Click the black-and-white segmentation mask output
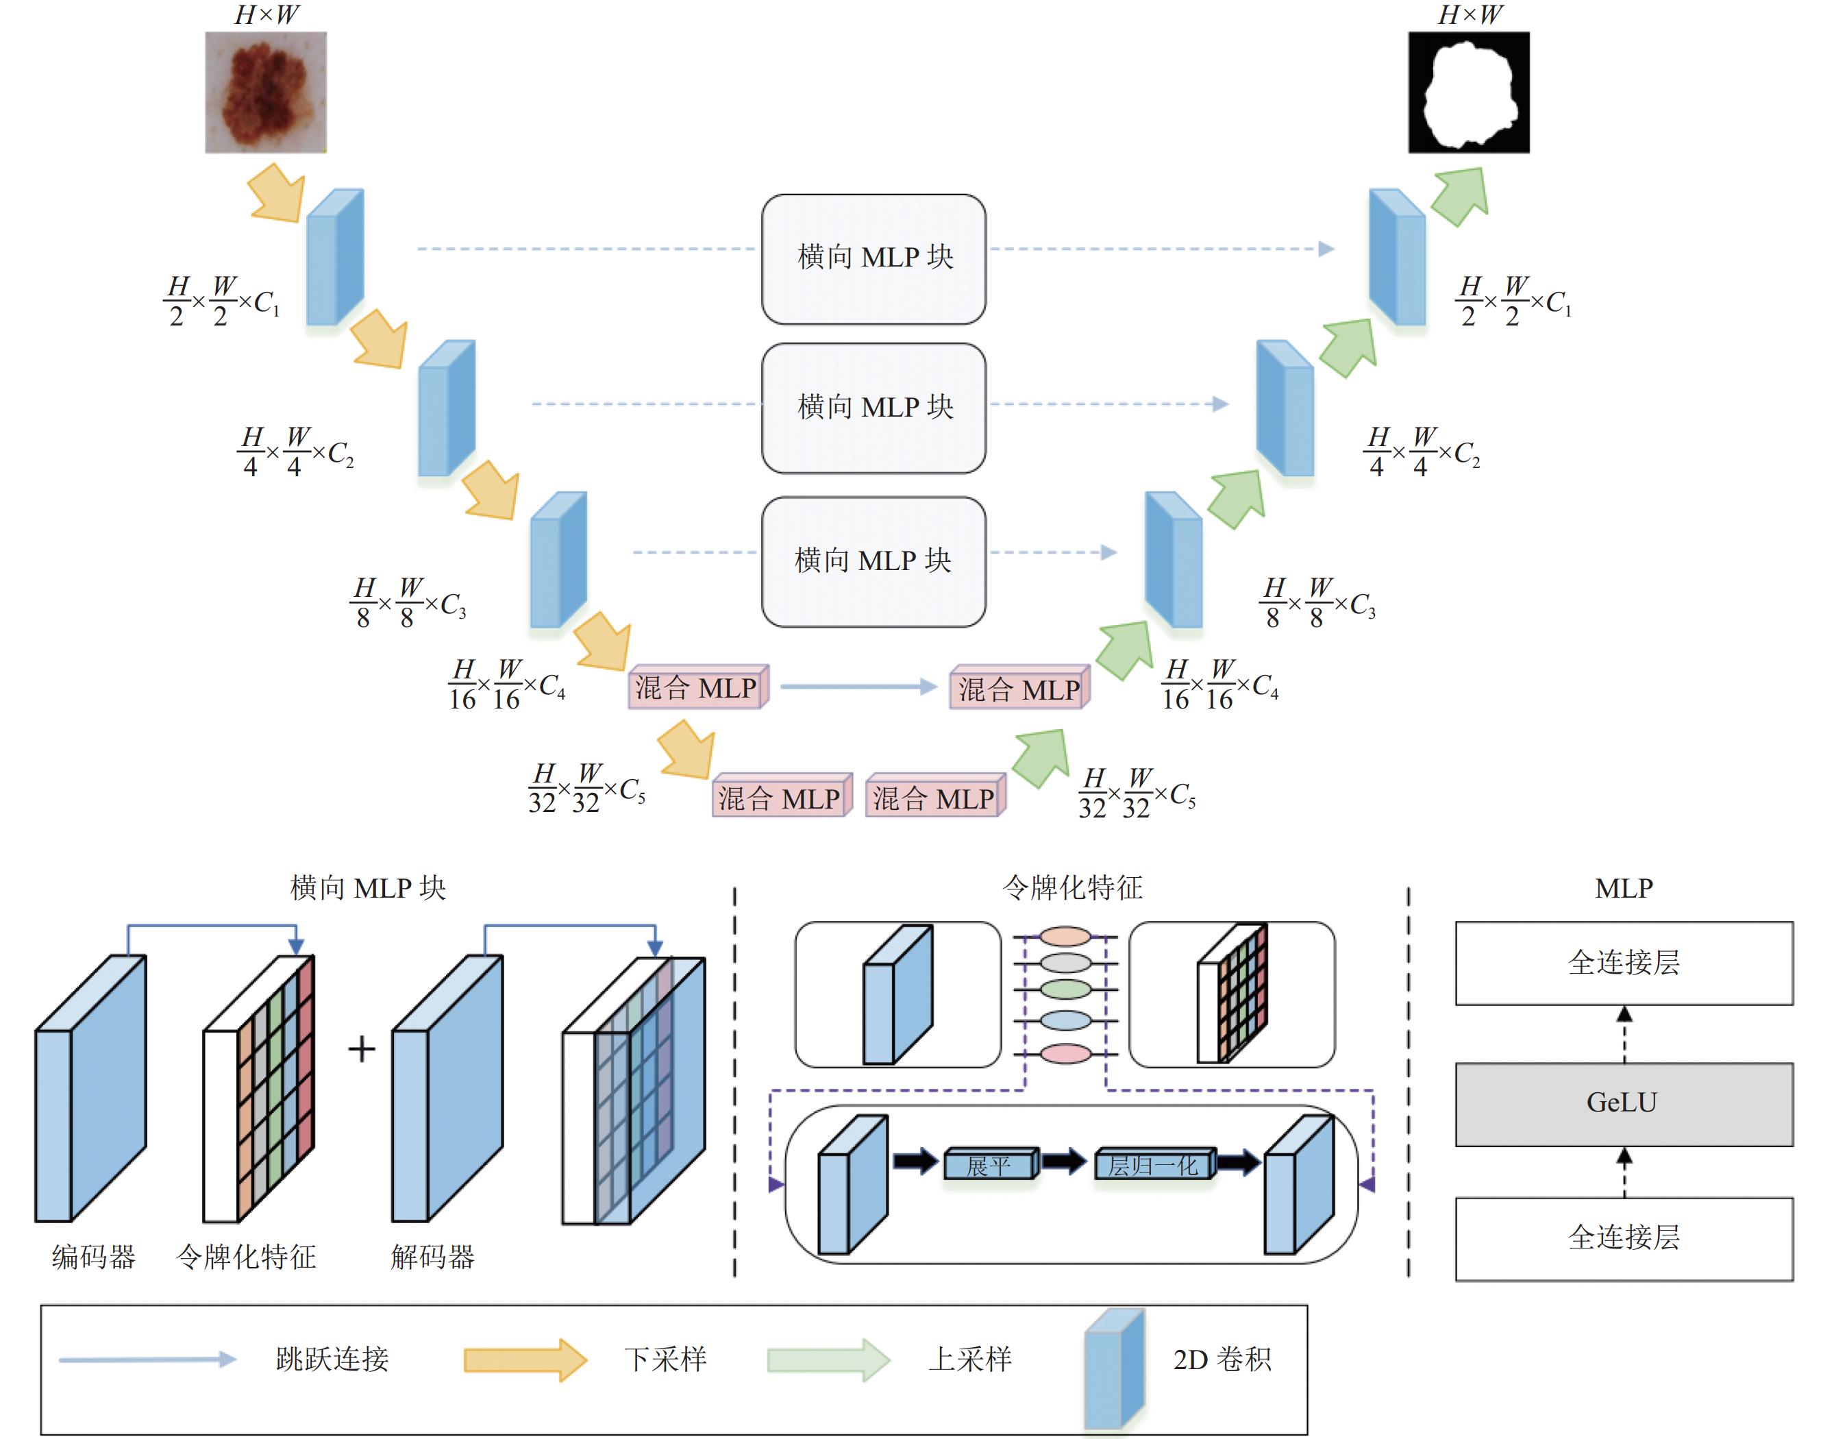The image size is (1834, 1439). (1468, 93)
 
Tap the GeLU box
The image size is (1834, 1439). (1624, 1104)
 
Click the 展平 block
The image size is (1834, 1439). (991, 1164)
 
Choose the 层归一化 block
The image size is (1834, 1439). (1155, 1164)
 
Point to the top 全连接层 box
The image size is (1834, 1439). (1624, 963)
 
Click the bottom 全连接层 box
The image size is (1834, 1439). (1624, 1238)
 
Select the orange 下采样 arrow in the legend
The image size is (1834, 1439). (525, 1359)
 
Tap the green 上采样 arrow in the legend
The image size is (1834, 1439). (828, 1359)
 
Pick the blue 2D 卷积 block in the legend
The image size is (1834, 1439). (1115, 1370)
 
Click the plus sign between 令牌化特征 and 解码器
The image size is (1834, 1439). (362, 1049)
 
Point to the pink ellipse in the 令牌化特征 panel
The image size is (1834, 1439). (1067, 1053)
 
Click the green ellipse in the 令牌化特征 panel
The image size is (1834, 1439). (1067, 988)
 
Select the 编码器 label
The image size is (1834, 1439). (93, 1257)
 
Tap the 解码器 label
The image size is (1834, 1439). (433, 1257)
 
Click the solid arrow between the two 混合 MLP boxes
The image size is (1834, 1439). (858, 687)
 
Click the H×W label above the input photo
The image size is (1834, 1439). (267, 14)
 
